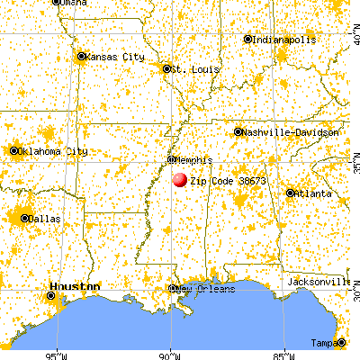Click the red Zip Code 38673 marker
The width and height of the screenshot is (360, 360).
pyautogui.click(x=180, y=180)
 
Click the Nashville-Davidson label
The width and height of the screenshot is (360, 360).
pyautogui.click(x=291, y=132)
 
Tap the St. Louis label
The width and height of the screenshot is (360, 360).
pyautogui.click(x=192, y=67)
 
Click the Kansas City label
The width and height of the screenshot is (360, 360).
pyautogui.click(x=116, y=57)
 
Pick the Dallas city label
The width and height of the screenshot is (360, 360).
pyautogui.click(x=40, y=218)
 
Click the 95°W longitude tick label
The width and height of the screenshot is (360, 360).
pyautogui.click(x=59, y=352)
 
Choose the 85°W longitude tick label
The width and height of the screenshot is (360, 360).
pyautogui.click(x=283, y=352)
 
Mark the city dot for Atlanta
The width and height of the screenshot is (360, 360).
pyautogui.click(x=291, y=193)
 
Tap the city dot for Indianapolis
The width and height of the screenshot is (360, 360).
pyautogui.click(x=248, y=40)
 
